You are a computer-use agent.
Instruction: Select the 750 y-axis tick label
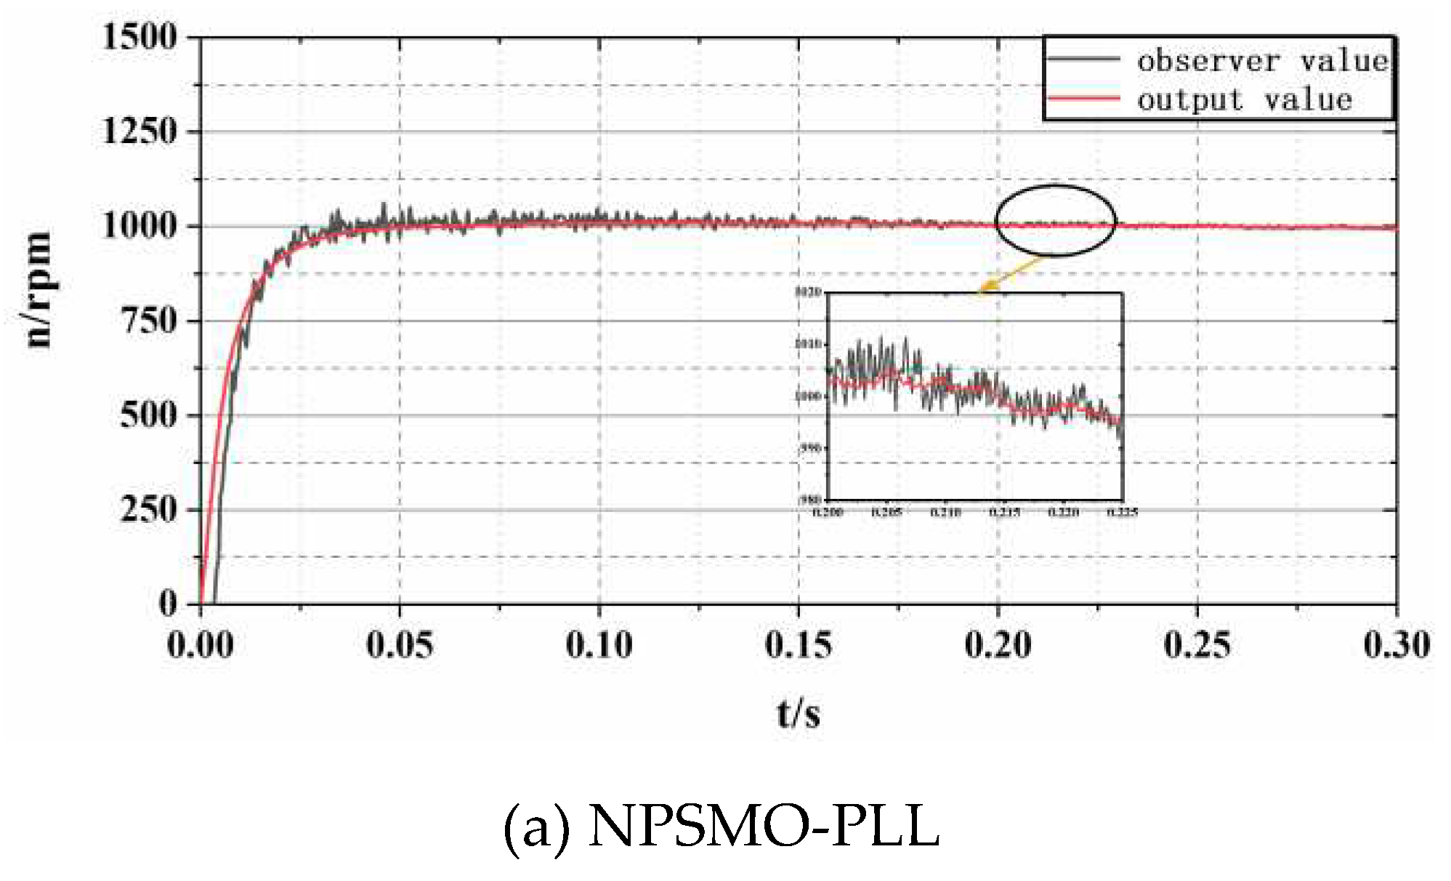(149, 320)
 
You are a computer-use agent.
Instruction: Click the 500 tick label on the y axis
(149, 415)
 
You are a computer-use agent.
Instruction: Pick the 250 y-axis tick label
(149, 509)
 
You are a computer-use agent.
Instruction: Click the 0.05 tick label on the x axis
(400, 644)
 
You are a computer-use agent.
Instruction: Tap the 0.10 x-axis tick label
(599, 644)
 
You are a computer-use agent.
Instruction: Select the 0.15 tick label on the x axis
(799, 644)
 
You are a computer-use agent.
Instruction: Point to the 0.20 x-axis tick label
(998, 644)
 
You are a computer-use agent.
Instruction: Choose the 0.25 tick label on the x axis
(1197, 644)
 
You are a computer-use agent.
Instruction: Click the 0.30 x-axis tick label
(1397, 644)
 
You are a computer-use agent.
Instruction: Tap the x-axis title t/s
(799, 713)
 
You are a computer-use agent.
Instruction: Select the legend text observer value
(1262, 61)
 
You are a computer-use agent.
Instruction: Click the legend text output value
(1245, 100)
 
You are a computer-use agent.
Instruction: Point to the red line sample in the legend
(1083, 98)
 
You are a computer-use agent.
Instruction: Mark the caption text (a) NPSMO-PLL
(722, 827)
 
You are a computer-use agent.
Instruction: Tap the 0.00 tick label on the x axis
(201, 644)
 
